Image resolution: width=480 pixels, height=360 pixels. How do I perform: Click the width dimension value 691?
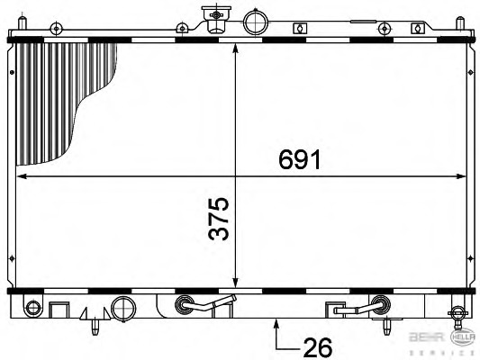pos(297,160)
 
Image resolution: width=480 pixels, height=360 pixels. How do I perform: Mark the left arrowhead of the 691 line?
pos(22,175)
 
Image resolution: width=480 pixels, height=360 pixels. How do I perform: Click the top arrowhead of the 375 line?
pos(235,48)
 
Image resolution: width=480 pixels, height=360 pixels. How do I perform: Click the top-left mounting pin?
pos(56,29)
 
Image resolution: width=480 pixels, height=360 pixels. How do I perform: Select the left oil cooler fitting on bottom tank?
pos(186,304)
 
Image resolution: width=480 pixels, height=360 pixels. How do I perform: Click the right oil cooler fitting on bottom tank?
pos(378,304)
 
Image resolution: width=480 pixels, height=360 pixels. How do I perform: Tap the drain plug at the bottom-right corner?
pos(457,315)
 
